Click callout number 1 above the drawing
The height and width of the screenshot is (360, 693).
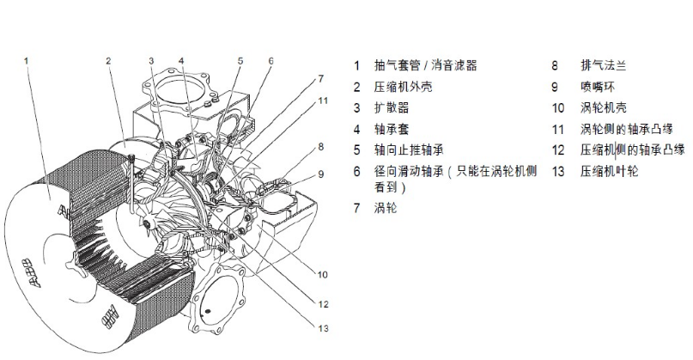pyautogui.click(x=27, y=61)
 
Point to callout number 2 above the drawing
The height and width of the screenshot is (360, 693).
pyautogui.click(x=109, y=61)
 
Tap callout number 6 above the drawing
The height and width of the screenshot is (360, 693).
pyautogui.click(x=271, y=61)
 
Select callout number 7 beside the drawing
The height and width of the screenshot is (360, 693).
pyautogui.click(x=320, y=78)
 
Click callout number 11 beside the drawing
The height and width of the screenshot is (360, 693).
pyautogui.click(x=323, y=101)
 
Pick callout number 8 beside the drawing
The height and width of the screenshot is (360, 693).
pyautogui.click(x=320, y=147)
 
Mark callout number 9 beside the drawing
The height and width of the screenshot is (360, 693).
pyautogui.click(x=320, y=174)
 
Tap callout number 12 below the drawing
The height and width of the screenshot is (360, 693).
pyautogui.click(x=322, y=303)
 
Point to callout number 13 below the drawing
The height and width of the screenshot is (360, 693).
pyautogui.click(x=322, y=326)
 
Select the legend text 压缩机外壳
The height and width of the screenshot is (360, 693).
pyautogui.click(x=401, y=87)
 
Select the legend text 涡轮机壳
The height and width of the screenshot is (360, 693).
pyautogui.click(x=600, y=108)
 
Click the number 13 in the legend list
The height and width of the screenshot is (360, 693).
pyautogui.click(x=557, y=172)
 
